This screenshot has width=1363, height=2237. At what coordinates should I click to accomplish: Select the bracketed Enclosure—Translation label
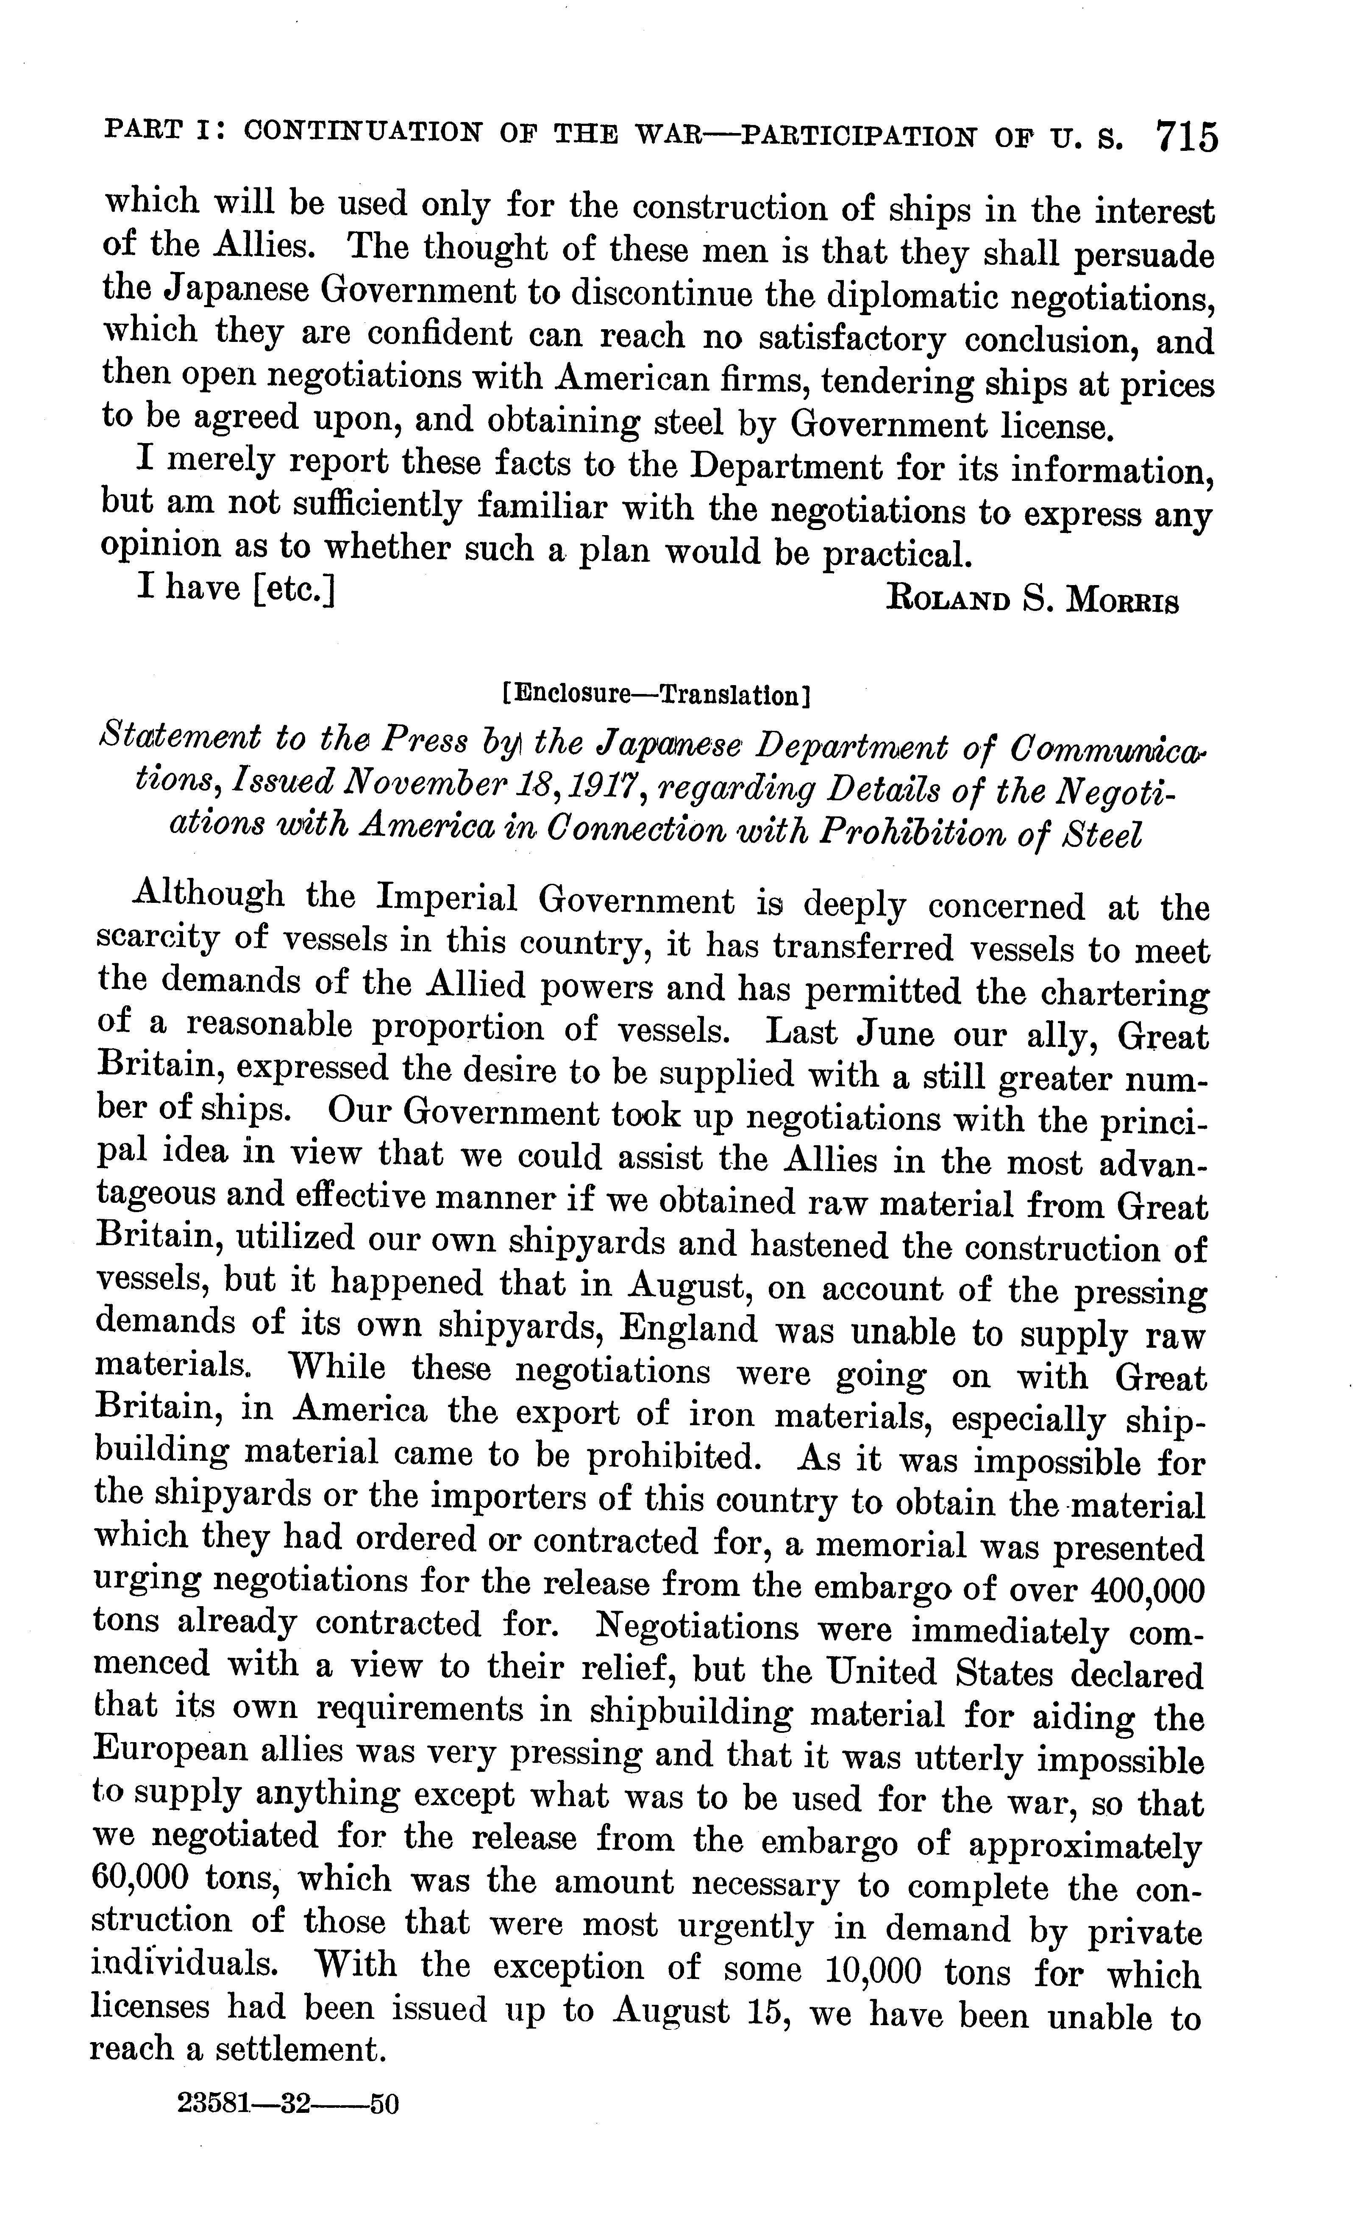pos(656,695)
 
